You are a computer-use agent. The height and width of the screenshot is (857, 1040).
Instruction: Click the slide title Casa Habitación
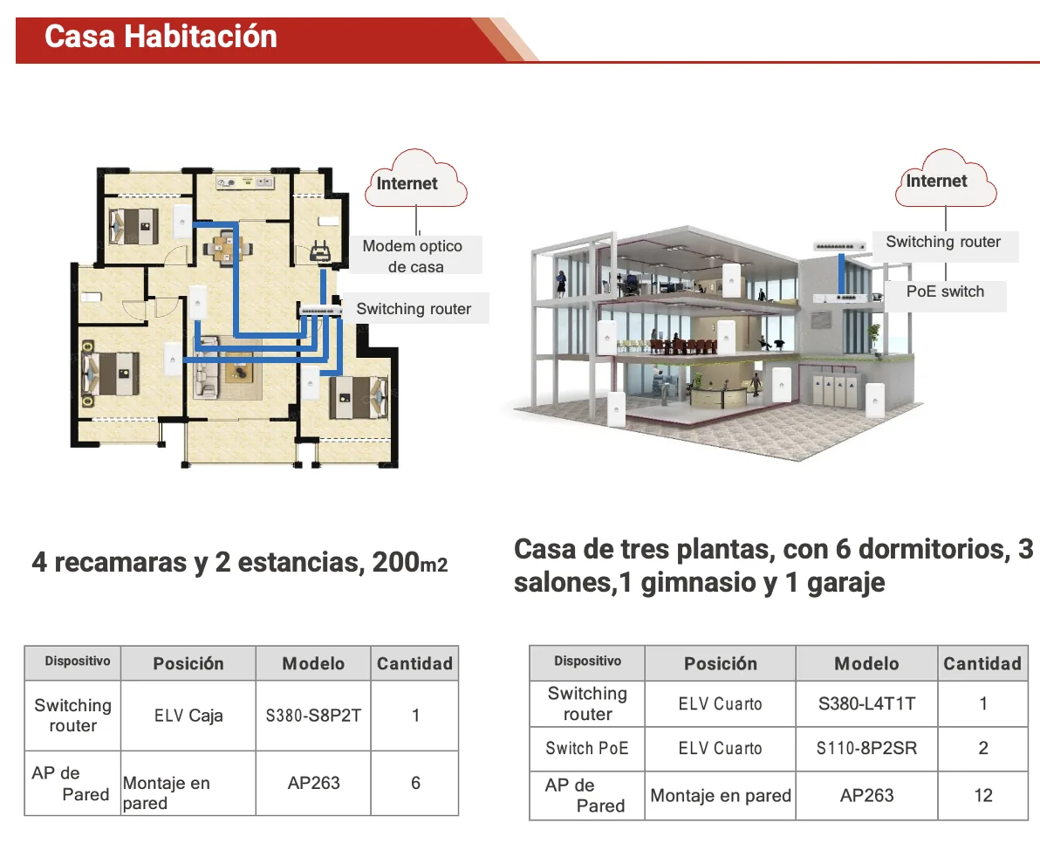point(161,37)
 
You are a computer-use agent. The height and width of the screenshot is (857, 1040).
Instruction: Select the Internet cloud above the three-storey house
point(945,178)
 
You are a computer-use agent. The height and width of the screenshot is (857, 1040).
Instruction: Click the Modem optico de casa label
point(413,256)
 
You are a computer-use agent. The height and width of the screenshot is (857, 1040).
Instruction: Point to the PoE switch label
point(945,291)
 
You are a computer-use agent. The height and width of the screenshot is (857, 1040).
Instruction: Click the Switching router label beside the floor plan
point(414,308)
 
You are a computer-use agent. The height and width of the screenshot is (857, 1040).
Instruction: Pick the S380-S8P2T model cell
point(313,716)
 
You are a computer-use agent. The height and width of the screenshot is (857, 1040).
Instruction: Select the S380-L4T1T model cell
point(866,703)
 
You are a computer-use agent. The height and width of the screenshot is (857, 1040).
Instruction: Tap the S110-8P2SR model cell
point(866,748)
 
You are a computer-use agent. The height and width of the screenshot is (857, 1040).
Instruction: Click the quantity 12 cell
point(983,795)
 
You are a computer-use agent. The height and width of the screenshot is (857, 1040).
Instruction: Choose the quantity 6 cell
point(415,783)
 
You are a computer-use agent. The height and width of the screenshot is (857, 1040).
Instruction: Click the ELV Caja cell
point(188,716)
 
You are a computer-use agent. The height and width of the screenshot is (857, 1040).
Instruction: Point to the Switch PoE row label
point(586,748)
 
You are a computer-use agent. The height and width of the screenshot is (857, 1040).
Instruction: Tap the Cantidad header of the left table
point(414,663)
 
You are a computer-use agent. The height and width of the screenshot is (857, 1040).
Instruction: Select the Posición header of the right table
point(721,663)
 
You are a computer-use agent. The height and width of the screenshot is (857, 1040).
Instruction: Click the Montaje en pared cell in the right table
point(721,795)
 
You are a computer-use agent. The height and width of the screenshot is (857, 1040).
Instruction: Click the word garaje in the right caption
point(845,583)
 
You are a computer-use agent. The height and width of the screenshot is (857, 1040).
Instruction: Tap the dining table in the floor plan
point(226,248)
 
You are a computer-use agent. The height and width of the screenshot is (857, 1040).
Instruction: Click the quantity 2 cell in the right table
point(983,748)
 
